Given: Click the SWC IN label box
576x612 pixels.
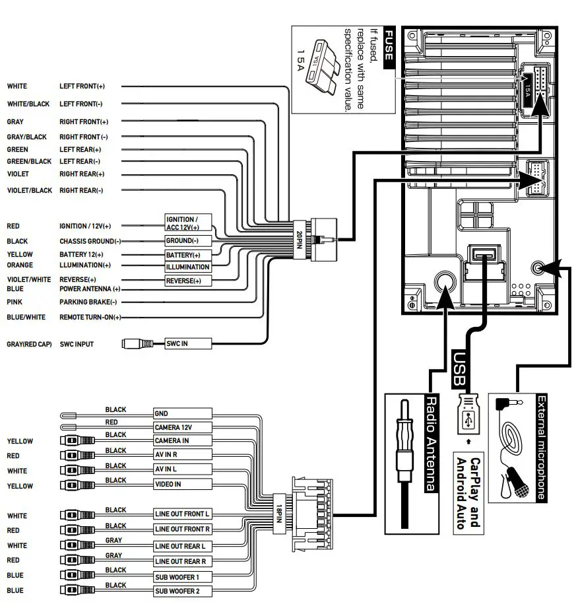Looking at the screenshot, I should [187, 343].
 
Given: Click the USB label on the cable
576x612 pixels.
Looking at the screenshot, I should [460, 369].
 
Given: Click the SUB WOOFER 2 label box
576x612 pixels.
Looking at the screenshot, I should [181, 591].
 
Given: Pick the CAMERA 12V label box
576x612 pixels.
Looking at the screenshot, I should [181, 427].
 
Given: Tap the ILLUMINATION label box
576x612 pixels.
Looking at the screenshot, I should [187, 267].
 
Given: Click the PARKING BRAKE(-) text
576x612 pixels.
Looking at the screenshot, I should [88, 302].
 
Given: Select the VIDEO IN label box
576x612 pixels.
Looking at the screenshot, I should [181, 485].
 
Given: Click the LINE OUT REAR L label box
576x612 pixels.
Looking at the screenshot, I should [181, 546].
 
